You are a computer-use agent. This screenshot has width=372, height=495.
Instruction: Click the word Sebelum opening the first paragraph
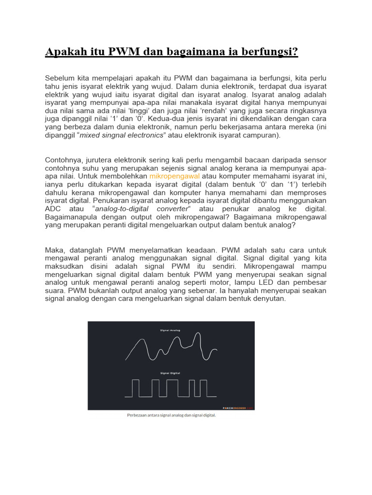[61, 78]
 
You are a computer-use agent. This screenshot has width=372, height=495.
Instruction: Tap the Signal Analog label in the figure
[170, 331]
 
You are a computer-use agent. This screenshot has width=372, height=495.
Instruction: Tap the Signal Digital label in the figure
[170, 373]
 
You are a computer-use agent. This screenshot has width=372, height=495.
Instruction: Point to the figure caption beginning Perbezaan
[171, 415]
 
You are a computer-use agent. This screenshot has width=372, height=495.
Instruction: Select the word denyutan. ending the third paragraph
[269, 299]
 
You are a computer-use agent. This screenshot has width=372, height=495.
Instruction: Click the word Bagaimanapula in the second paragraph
[70, 217]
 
